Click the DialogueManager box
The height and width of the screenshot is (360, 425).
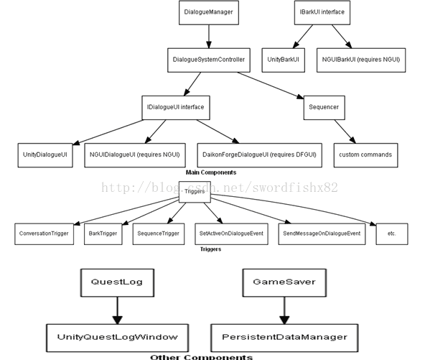point(209,12)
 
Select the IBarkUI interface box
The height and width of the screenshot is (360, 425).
point(322,12)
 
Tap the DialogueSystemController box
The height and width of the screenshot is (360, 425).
point(209,60)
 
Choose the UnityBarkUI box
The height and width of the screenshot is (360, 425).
point(284,60)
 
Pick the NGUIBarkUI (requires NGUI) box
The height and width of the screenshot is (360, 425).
point(361,60)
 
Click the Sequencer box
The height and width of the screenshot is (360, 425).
point(324,108)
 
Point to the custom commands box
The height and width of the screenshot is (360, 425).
point(366,155)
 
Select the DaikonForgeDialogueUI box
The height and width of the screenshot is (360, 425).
point(260,155)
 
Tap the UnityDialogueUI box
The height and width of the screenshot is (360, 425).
point(45,155)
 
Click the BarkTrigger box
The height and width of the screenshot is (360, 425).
point(103,234)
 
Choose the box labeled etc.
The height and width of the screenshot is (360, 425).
point(392,234)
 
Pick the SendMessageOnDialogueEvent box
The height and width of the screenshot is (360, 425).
point(322,234)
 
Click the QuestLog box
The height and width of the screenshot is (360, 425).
point(117,282)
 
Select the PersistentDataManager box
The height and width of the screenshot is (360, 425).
point(284,338)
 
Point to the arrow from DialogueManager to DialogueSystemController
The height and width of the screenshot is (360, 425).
point(209,37)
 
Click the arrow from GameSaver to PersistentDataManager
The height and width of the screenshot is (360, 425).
point(284,310)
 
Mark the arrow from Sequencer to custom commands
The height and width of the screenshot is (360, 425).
point(345,131)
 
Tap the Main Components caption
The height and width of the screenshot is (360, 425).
point(211,172)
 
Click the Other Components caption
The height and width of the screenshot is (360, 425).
point(202,357)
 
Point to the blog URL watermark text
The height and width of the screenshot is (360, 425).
point(220,188)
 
